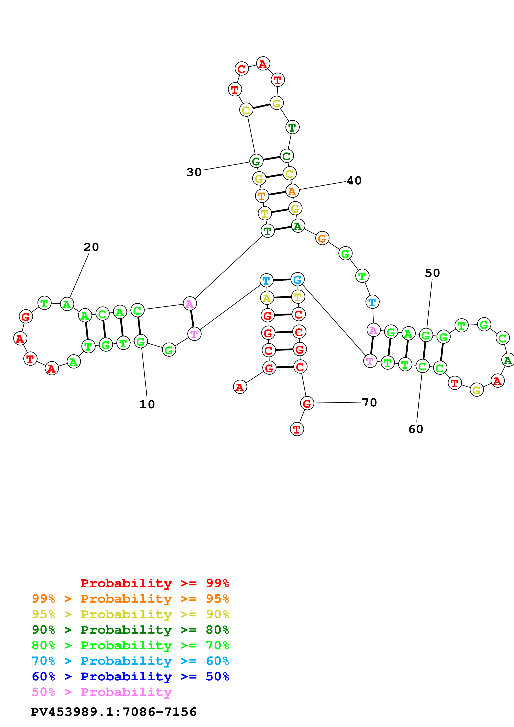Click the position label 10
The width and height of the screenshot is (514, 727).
coord(147,404)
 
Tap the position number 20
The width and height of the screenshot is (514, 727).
coord(91,247)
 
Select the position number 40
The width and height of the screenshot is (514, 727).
coord(354,181)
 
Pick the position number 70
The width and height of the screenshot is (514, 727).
coord(369,403)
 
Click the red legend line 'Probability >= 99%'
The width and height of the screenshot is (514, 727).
coord(154,583)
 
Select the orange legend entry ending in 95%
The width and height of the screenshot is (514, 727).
coord(130,599)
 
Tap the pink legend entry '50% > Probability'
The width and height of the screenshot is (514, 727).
coord(102,692)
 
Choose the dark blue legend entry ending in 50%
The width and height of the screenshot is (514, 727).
coord(130,676)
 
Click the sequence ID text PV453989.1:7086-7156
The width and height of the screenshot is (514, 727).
coord(114,712)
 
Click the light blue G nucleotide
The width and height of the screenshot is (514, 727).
coord(297,280)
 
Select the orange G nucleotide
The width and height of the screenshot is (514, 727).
coord(322,238)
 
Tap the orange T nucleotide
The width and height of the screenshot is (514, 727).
coord(262,196)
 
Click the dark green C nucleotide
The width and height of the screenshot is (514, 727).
coord(287,156)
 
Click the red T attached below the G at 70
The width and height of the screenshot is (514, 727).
coord(297,429)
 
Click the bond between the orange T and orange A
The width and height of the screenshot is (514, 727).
coord(277,194)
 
